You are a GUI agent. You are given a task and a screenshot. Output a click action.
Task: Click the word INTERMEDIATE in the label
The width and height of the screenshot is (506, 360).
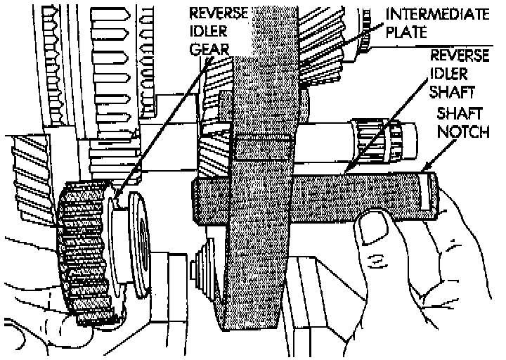[x=440, y=13]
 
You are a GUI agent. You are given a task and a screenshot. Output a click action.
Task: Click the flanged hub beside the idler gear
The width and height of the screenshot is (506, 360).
[x=141, y=243]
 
